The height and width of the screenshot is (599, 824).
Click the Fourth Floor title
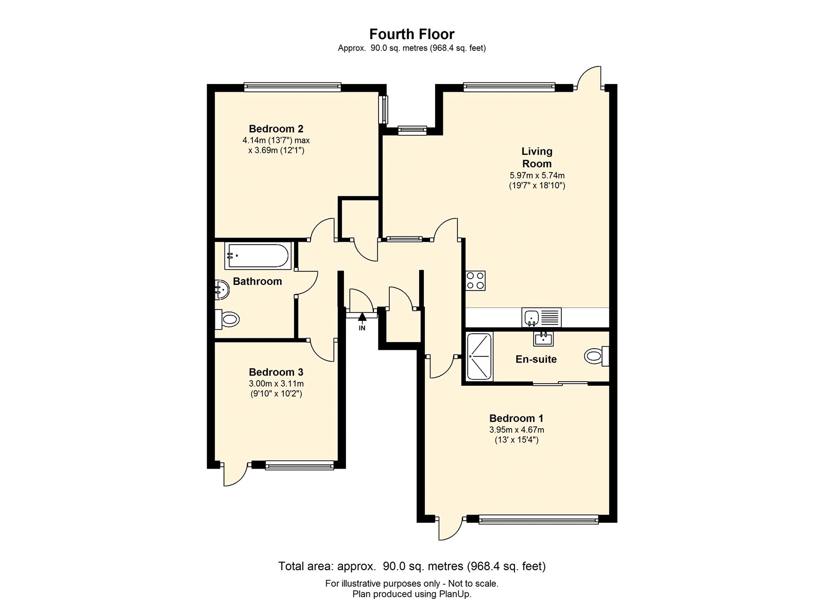[x=411, y=34]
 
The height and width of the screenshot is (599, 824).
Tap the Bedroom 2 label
[x=276, y=129]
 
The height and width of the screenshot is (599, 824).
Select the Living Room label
[x=537, y=157]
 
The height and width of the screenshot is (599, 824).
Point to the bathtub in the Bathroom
[x=257, y=256]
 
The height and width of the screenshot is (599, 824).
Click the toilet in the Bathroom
[x=228, y=319]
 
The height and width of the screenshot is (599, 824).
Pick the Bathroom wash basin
[x=222, y=289]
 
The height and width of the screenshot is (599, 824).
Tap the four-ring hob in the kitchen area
[x=475, y=281]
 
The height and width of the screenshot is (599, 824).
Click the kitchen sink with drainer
[x=541, y=317]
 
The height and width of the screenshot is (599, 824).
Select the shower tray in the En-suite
[x=479, y=356]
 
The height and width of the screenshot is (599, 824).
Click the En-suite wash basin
[x=543, y=339]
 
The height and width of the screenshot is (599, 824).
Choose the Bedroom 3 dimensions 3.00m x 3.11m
[x=276, y=384]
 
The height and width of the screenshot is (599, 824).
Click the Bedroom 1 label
[x=516, y=418]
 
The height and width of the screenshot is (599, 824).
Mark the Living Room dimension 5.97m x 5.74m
[x=537, y=176]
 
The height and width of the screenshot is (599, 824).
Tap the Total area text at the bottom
[x=411, y=566]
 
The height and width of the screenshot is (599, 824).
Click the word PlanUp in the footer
[x=455, y=594]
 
